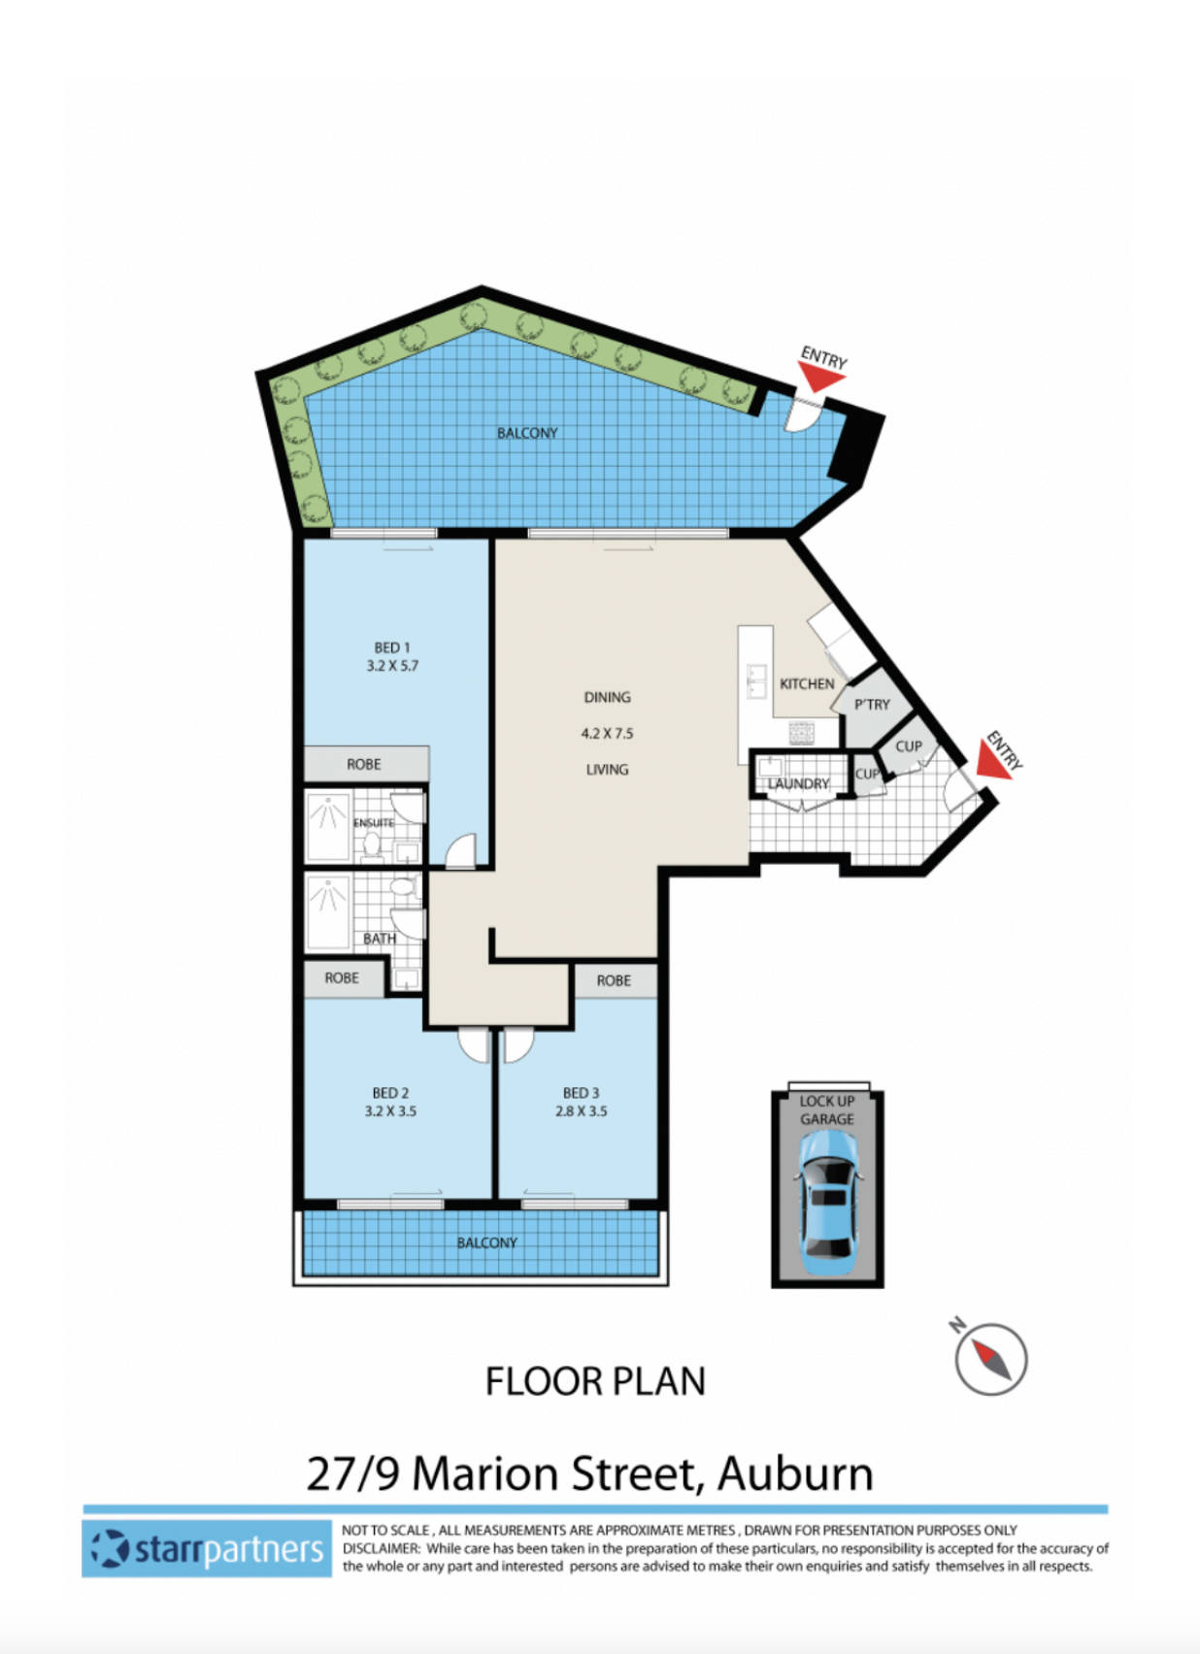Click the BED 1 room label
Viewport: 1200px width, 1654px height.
click(392, 647)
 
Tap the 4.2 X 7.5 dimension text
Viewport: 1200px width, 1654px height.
click(607, 733)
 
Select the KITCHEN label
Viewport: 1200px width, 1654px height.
click(807, 683)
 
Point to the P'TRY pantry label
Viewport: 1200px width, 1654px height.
click(872, 705)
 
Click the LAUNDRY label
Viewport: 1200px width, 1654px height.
click(799, 783)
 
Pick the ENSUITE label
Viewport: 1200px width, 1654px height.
click(374, 823)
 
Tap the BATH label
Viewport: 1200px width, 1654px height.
click(379, 939)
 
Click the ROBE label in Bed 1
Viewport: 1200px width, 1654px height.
click(364, 764)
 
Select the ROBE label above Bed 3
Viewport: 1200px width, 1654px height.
click(614, 980)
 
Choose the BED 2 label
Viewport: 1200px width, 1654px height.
click(390, 1093)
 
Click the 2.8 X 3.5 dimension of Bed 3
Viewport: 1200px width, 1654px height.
click(581, 1110)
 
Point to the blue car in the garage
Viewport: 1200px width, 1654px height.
click(827, 1204)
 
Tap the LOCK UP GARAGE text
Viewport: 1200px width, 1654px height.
click(827, 1109)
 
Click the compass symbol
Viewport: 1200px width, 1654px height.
click(990, 1358)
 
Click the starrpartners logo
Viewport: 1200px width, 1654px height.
click(207, 1548)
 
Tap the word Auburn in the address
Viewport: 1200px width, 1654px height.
click(795, 1473)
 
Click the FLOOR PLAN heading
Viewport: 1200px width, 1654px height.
click(595, 1381)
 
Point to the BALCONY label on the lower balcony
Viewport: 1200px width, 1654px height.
click(487, 1242)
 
